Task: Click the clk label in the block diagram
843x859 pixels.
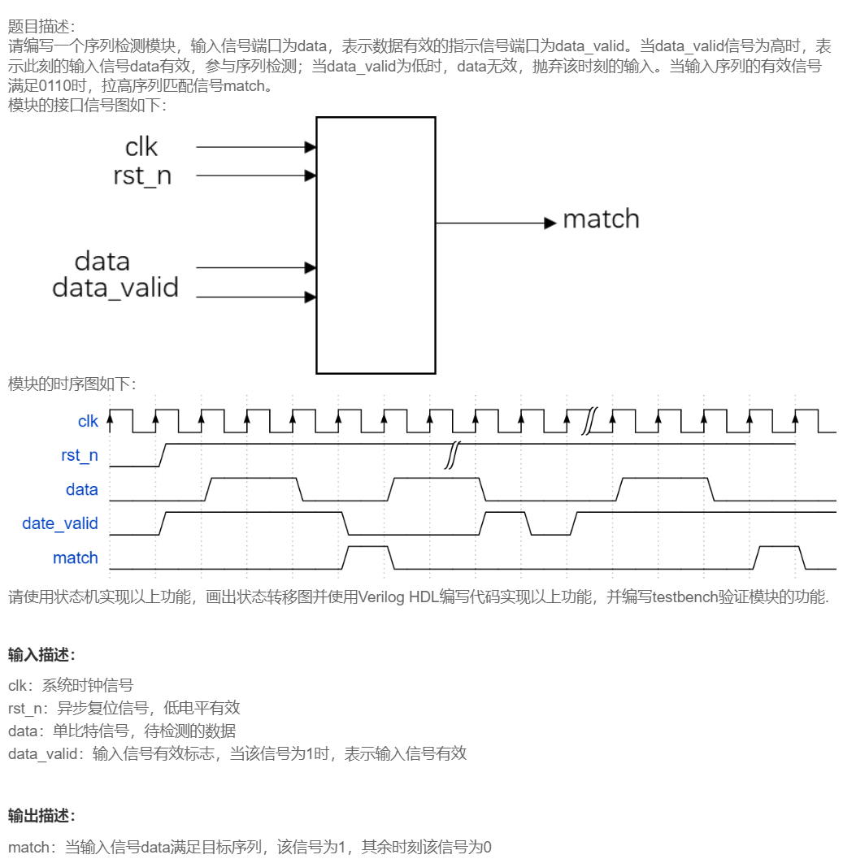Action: (x=141, y=147)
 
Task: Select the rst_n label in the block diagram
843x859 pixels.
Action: (x=142, y=176)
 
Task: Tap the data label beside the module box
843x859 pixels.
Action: (x=102, y=261)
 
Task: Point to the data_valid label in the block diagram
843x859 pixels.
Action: (x=115, y=288)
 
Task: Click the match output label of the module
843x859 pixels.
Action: (x=601, y=219)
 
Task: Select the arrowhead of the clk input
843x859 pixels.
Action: (x=311, y=147)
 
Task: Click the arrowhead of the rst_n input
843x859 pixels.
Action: (x=311, y=176)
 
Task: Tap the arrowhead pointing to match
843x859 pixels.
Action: (x=550, y=223)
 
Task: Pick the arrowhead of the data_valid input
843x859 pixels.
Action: (x=311, y=297)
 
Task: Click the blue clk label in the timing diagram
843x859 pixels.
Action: (x=88, y=421)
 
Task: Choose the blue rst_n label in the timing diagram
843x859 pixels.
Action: (x=80, y=455)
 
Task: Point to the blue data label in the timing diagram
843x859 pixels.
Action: (x=82, y=489)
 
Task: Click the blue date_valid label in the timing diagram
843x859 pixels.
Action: (x=60, y=523)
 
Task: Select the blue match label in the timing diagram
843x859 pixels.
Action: (x=76, y=557)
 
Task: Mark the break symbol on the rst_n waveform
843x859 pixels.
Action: (x=451, y=456)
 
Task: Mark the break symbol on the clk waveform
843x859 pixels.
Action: (x=589, y=422)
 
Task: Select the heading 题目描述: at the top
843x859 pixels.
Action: (x=40, y=28)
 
